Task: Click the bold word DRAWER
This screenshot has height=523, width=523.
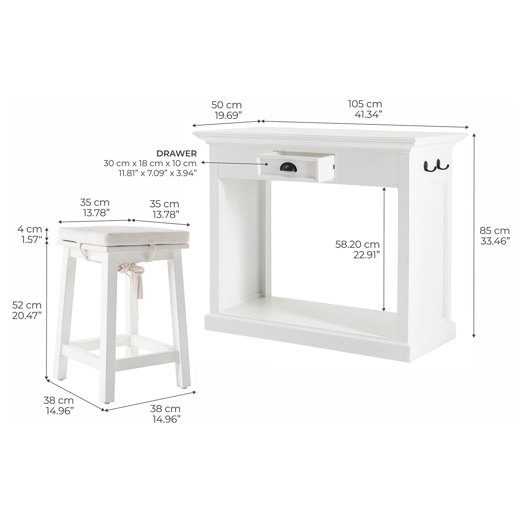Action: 176,153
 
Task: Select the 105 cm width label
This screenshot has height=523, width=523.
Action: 365,104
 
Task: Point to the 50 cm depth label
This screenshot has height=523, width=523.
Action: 226,105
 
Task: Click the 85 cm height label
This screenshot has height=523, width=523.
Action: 494,230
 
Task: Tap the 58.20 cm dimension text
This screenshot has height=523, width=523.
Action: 357,244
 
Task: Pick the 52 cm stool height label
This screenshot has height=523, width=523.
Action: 27,305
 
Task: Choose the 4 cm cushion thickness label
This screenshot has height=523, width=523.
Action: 30,229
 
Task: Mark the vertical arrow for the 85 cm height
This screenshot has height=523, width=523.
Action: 474,235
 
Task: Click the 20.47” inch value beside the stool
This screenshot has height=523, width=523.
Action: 27,315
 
